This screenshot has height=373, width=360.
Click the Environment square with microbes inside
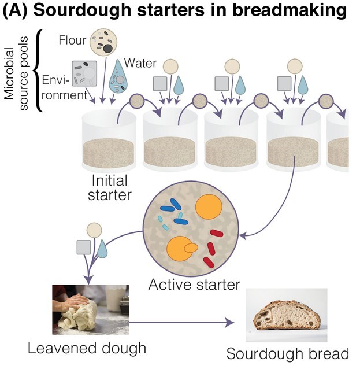[84, 75]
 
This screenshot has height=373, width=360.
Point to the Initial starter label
[109, 188]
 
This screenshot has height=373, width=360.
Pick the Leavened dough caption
[87, 348]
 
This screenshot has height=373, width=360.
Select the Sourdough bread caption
[287, 353]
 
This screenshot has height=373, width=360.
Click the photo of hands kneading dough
[90, 309]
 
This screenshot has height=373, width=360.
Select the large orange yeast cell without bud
[209, 207]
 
